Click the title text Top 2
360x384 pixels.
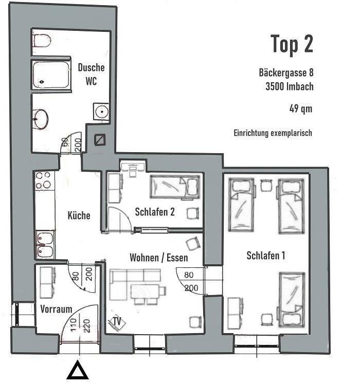coord(292,45)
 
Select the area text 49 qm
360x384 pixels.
coord(301,108)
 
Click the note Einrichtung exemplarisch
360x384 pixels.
coord(273,133)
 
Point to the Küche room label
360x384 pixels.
coord(79,215)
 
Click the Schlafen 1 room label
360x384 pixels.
coord(265,255)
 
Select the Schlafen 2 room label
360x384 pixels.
coord(154,211)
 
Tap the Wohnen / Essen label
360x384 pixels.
coord(158,258)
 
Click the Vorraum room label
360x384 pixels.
coord(56,309)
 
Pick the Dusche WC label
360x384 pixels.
coord(91,74)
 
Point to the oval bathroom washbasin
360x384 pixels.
coord(41,119)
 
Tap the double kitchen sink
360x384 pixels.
coord(45,245)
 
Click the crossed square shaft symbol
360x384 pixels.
coord(100,139)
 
